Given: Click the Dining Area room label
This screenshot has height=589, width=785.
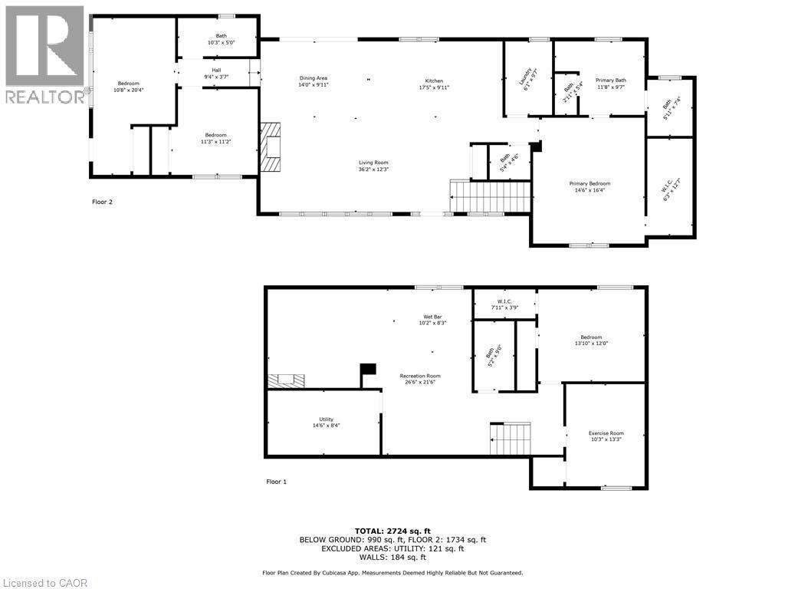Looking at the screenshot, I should point(313,81).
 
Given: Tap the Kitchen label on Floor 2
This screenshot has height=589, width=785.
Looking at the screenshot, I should point(434,84).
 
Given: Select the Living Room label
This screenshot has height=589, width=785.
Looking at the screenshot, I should point(373,166).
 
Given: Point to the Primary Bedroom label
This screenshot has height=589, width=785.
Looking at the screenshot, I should point(590,187).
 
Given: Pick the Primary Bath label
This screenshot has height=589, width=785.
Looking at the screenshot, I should point(611,84).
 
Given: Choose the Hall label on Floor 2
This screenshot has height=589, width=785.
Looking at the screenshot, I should point(216,74).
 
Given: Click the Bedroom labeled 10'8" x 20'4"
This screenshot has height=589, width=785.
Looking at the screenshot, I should point(128,87).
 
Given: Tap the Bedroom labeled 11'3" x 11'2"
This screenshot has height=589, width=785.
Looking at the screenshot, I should point(215,139).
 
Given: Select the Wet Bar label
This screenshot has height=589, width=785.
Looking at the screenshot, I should point(433,320).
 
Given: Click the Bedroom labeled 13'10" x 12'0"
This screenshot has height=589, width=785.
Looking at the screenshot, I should point(590,341).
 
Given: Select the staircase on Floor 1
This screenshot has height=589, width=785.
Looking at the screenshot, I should point(511,439).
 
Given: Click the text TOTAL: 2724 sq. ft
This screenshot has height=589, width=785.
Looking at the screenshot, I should point(392,531).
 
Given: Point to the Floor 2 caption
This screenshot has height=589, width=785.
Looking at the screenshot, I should point(101,202).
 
